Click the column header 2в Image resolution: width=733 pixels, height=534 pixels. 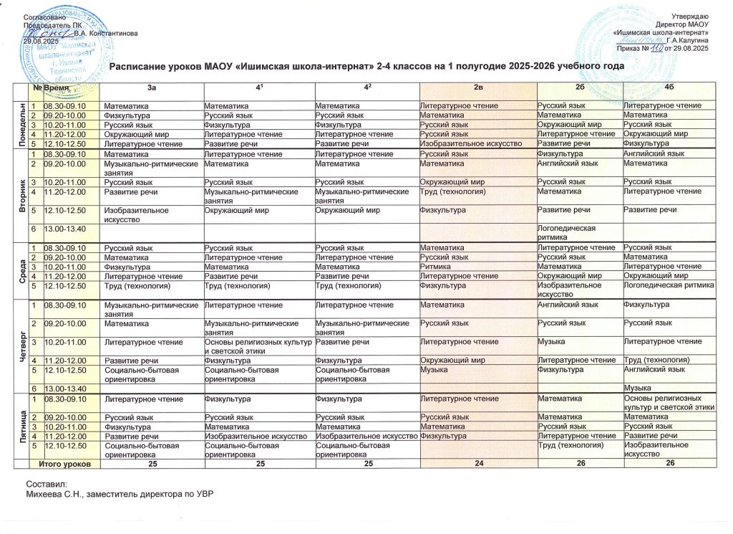pyautogui.click(x=477, y=87)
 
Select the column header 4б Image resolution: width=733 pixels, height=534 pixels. pyautogui.click(x=668, y=87)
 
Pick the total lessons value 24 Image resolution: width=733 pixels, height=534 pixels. pyautogui.click(x=477, y=464)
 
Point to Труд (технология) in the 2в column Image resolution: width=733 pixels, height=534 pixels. pyautogui.click(x=451, y=190)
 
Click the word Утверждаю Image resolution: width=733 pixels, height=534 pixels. pyautogui.click(x=689, y=16)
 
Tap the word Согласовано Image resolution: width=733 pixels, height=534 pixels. pyautogui.click(x=46, y=16)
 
